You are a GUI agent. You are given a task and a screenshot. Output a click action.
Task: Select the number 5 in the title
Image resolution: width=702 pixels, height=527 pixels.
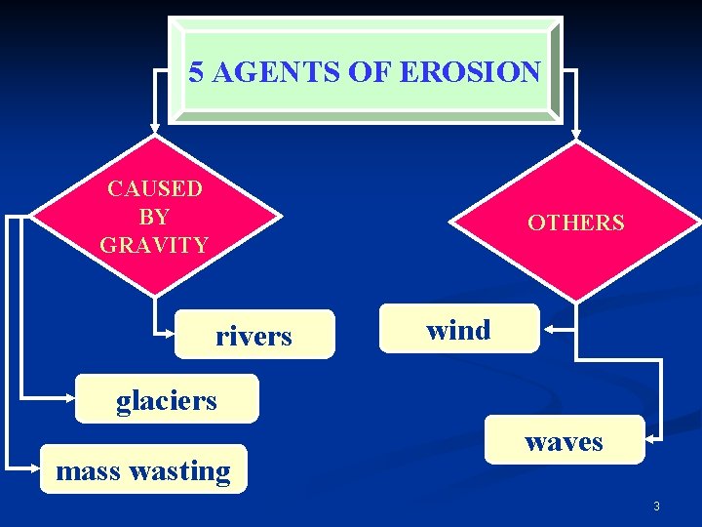click(x=196, y=71)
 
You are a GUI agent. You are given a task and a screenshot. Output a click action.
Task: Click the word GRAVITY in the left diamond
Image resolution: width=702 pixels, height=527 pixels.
click(x=154, y=244)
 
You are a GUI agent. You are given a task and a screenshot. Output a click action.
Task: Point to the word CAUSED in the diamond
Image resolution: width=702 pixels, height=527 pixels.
click(x=154, y=187)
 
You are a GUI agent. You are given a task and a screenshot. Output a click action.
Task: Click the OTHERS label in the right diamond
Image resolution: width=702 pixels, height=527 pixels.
click(x=575, y=223)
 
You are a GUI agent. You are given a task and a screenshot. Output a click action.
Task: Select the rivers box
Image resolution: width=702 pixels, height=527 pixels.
click(x=253, y=336)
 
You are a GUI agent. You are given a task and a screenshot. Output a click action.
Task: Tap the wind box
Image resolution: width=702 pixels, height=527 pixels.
click(x=458, y=330)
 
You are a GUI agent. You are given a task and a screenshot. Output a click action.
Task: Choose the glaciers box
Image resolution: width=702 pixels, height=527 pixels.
click(x=167, y=399)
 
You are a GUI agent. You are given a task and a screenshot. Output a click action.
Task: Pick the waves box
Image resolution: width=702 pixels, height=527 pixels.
click(x=564, y=441)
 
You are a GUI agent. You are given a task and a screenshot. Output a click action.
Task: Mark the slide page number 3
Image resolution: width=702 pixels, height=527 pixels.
click(x=656, y=506)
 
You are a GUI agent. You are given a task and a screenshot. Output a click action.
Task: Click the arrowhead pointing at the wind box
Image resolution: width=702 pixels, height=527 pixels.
click(x=548, y=330)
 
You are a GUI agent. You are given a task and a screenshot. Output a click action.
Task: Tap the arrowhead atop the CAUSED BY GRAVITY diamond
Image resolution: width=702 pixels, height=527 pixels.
click(x=155, y=128)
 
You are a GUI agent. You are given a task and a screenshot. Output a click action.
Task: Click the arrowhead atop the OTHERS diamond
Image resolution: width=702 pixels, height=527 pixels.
click(x=575, y=134)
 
